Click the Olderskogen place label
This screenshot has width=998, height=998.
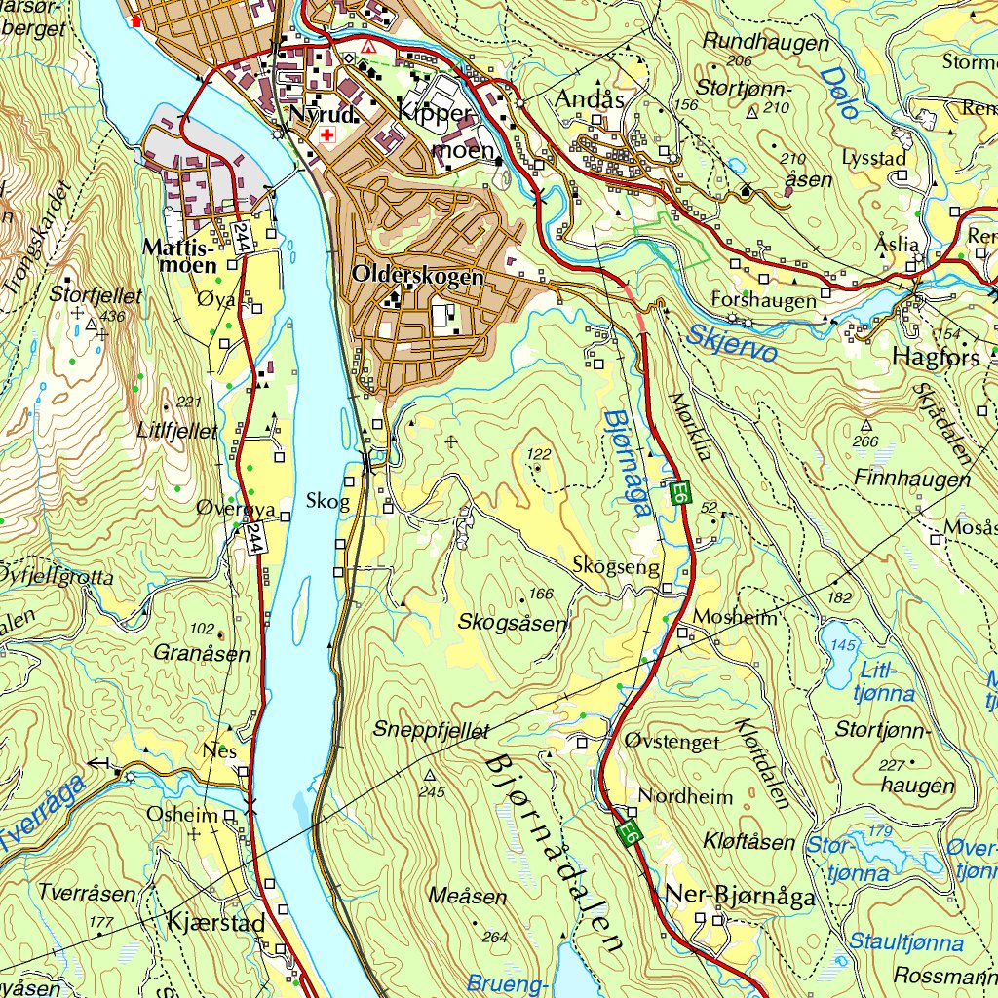418,276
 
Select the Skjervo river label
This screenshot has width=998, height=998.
731,342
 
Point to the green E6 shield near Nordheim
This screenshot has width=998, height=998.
630,834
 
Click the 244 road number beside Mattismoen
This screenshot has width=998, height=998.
243,237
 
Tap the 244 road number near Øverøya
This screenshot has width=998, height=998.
254,538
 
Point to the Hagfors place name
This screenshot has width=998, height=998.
936,358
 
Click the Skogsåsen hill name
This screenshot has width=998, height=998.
512,622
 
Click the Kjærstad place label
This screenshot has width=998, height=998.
211,919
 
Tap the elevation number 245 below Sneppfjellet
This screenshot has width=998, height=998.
432,792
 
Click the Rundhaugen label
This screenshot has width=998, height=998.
765,43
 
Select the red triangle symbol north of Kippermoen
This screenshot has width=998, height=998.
367,46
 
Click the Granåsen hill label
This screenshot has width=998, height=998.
202,654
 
